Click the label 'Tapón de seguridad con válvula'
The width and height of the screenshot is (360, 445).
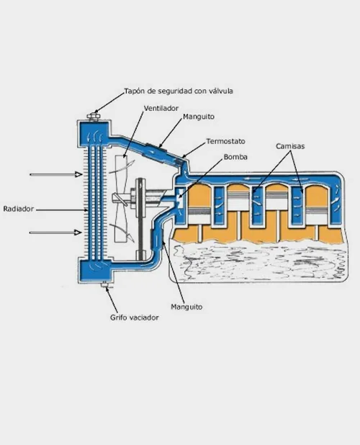[179, 91]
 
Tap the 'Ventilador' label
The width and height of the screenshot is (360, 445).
[161, 109]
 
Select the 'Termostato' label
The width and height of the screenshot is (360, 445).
[225, 141]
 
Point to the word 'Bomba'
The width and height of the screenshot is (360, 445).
[235, 157]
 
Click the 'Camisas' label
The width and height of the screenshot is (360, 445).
[290, 146]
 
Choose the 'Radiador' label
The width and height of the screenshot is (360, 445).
[19, 209]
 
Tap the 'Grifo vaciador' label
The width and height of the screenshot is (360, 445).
[134, 318]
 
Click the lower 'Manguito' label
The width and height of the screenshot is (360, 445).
[186, 307]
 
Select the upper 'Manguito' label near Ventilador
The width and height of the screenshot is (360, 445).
[199, 117]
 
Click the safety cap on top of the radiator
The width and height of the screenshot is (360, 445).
[93, 117]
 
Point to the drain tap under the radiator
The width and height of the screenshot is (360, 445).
[105, 284]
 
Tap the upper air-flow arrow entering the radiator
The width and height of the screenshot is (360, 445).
[56, 174]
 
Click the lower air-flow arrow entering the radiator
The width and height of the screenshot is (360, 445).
[56, 233]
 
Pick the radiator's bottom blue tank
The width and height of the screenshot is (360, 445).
[94, 271]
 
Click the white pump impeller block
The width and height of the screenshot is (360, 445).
[180, 198]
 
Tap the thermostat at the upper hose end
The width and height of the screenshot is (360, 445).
[181, 162]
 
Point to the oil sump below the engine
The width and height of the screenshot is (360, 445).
[258, 261]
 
